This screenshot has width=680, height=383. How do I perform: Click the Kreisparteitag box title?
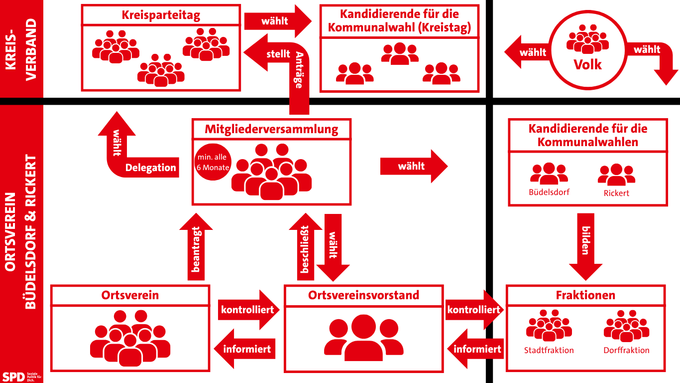[161, 15]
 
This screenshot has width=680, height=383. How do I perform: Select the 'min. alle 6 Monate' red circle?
[213, 163]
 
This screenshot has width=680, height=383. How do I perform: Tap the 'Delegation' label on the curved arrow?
[150, 168]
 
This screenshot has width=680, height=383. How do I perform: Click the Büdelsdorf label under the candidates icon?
[549, 192]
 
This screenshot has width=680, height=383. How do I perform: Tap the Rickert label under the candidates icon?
[616, 193]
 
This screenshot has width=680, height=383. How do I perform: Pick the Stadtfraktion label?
[549, 350]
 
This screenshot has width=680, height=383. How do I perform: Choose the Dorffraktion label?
[626, 350]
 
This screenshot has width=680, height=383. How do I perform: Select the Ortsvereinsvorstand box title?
[363, 295]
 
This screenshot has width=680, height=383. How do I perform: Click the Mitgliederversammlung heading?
[271, 130]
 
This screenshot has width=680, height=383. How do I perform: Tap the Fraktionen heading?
[585, 295]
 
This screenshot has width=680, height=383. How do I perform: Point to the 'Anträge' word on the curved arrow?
[299, 70]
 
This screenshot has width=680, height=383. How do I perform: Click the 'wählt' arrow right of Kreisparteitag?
[277, 21]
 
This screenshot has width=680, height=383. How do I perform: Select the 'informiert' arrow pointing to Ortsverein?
[244, 349]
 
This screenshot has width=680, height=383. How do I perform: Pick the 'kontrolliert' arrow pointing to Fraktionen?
[473, 310]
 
